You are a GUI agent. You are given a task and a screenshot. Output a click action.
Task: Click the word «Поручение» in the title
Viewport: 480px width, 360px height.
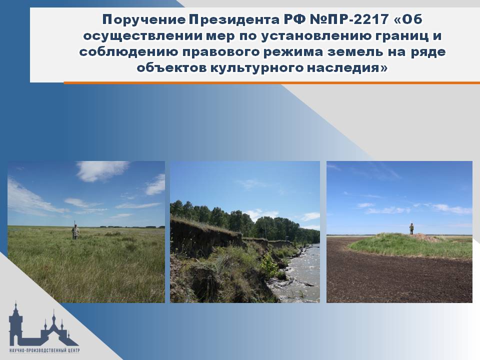click(143, 20)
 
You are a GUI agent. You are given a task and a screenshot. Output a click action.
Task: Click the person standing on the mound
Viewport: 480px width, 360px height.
click(411, 228)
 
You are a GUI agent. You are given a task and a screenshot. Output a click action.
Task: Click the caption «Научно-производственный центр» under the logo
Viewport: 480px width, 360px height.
click(44, 350)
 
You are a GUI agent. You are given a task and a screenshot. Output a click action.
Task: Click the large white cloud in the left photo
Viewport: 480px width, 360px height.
click(102, 170)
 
